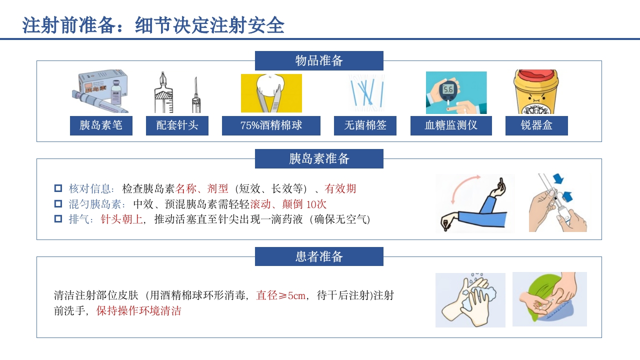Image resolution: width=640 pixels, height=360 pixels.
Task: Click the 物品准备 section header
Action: pyautogui.click(x=319, y=61)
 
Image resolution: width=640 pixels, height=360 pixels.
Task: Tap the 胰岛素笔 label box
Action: pyautogui.click(x=101, y=125)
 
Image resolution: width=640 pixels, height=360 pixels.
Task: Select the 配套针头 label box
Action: pyautogui.click(x=177, y=125)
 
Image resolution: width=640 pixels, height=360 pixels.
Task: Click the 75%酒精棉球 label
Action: pyautogui.click(x=271, y=125)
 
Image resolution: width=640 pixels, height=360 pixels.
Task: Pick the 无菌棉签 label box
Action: pyautogui.click(x=365, y=125)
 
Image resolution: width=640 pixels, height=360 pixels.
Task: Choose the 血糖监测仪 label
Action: pyautogui.click(x=451, y=125)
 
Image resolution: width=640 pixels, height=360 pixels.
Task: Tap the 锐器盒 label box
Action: pyautogui.click(x=536, y=125)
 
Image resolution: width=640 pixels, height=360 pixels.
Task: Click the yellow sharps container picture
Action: pyautogui.click(x=536, y=92)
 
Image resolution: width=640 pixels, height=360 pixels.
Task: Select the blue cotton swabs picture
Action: pyautogui.click(x=366, y=93)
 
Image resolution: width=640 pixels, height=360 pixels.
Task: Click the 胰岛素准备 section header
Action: pyautogui.click(x=319, y=159)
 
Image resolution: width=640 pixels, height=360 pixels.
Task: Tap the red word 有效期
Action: pyautogui.click(x=340, y=188)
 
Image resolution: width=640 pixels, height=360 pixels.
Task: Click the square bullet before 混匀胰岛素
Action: pyautogui.click(x=58, y=204)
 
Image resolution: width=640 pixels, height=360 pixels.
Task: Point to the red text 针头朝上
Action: pyautogui.click(x=122, y=219)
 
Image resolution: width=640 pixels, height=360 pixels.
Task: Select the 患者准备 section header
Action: pyautogui.click(x=319, y=257)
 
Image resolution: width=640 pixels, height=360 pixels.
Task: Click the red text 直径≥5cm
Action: pyautogui.click(x=280, y=295)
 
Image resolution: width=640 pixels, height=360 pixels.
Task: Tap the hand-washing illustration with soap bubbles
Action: pyautogui.click(x=470, y=300)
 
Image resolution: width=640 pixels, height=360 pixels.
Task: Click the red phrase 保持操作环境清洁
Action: pyautogui.click(x=139, y=311)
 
